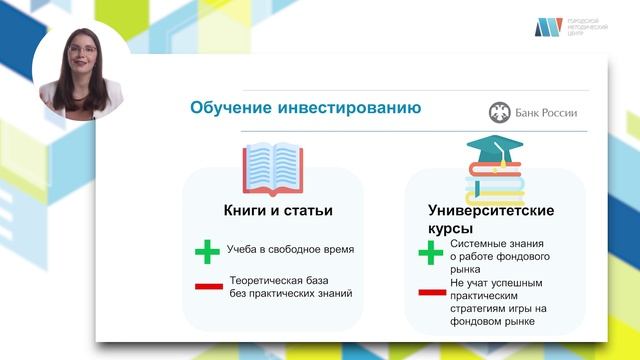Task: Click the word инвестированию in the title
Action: click(340, 108)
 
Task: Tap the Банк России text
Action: click(546, 112)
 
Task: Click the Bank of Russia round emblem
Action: click(499, 112)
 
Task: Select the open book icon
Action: click(273, 167)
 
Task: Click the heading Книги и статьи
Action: click(277, 211)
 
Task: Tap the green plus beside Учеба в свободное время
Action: click(207, 252)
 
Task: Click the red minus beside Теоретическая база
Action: click(208, 287)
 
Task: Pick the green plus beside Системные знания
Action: click(430, 255)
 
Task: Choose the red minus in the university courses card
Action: click(431, 293)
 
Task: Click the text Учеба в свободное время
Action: click(291, 250)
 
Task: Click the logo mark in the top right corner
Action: click(548, 27)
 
